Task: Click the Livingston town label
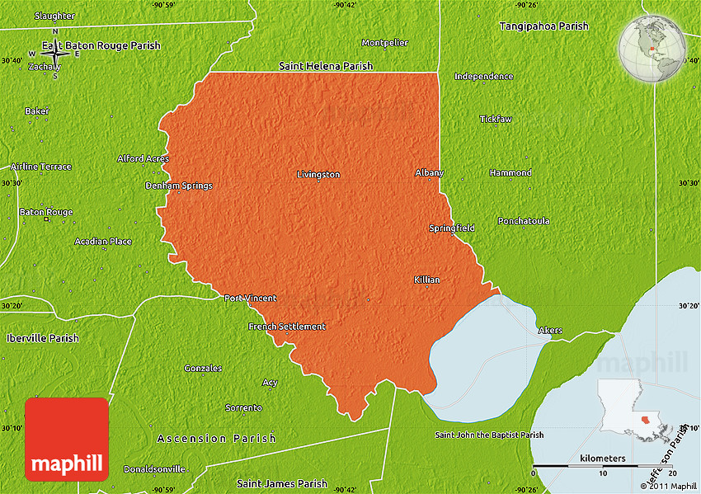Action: [x=318, y=174]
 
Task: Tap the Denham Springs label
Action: [x=179, y=186]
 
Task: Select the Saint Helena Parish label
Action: [x=326, y=66]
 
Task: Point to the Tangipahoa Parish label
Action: [x=543, y=26]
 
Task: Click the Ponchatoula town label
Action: [x=524, y=221]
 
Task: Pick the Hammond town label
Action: [x=510, y=172]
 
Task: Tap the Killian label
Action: [x=426, y=280]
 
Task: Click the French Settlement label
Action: [x=287, y=327]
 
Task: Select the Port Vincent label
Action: [x=251, y=298]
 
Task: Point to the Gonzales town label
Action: [x=203, y=368]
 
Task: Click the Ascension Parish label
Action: [x=217, y=439]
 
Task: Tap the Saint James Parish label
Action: [x=282, y=483]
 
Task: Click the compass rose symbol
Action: [x=55, y=54]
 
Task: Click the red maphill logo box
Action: [x=67, y=440]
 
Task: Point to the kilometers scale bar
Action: [x=603, y=466]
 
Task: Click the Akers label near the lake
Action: [x=550, y=331]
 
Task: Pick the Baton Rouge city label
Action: [x=46, y=212]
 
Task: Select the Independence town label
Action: [x=483, y=77]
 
